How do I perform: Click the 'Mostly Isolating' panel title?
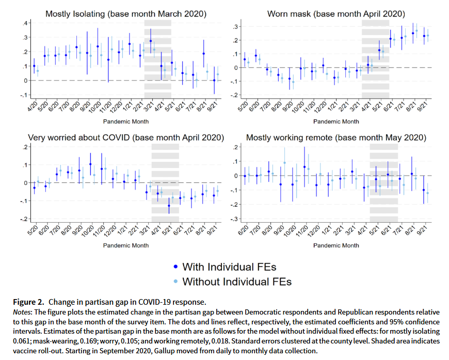[125, 14]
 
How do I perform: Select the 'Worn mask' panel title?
[335, 14]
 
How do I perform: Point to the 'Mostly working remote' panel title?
[336, 138]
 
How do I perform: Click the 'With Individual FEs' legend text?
[229, 267]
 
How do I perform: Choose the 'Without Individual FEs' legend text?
[237, 281]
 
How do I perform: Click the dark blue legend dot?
[175, 267]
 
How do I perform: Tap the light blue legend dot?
[175, 282]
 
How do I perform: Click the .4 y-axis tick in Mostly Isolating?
[25, 23]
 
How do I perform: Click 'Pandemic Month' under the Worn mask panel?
[336, 121]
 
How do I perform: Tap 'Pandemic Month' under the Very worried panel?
[125, 245]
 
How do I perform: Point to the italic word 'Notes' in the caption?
[21, 312]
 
